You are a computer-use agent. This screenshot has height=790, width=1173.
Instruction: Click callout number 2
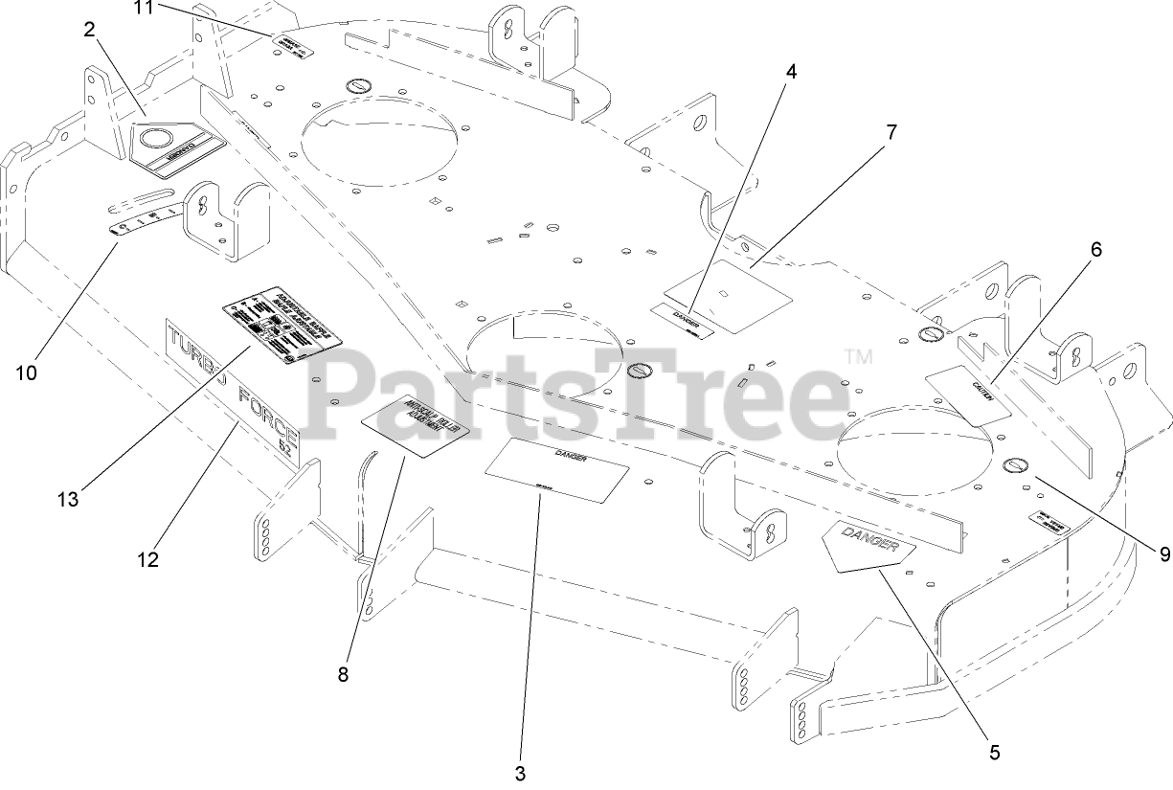tap(89, 30)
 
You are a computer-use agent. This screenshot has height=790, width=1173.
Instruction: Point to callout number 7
tap(891, 133)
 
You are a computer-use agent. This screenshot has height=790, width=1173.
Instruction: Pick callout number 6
tap(1095, 250)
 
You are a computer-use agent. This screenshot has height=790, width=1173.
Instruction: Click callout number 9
tap(1164, 553)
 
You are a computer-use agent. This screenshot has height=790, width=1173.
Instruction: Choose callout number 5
tap(994, 753)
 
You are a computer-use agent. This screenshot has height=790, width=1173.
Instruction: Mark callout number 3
tap(520, 773)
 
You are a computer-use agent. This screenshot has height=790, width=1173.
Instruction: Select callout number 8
tap(343, 674)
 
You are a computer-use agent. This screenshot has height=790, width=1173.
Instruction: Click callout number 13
tap(66, 499)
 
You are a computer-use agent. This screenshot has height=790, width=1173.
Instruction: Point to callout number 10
tap(26, 372)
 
